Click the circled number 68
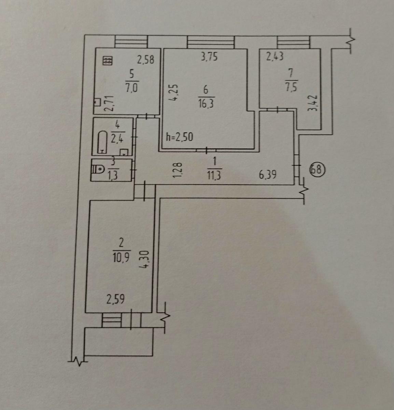(317, 169)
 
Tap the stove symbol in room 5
(108, 61)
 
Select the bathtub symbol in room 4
(102, 142)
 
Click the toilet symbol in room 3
(98, 169)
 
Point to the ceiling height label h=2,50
(179, 137)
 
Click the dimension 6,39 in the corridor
(267, 175)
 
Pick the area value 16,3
(206, 104)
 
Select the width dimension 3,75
(209, 57)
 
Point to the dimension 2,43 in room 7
(275, 56)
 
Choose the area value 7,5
(291, 87)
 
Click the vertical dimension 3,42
(312, 103)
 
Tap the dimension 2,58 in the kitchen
(146, 59)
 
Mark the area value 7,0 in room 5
(131, 88)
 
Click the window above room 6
(211, 42)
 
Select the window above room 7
(293, 42)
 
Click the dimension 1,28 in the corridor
(177, 170)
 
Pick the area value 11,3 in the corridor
(214, 175)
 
